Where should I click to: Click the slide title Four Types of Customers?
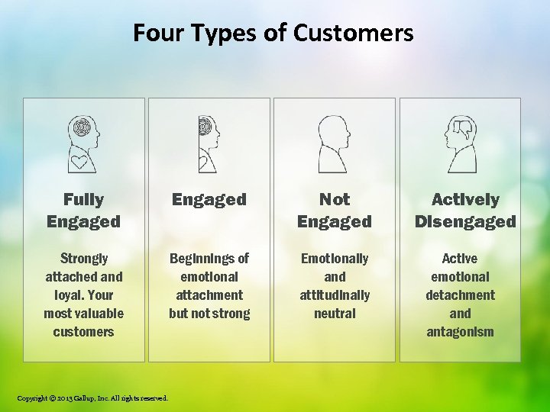tap(273, 33)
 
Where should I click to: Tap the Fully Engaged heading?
tap(83, 211)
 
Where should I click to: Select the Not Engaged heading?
tap(334, 211)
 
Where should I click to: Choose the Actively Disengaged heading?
tap(465, 211)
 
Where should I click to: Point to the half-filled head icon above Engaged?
tap(208, 144)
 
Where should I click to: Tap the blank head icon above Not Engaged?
tap(334, 144)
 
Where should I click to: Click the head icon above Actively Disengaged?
tap(461, 144)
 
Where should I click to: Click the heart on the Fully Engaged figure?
tap(79, 161)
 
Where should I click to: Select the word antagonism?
tap(460, 332)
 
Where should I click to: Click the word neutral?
tap(335, 314)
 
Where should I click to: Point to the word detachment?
tap(460, 295)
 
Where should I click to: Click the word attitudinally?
tap(335, 295)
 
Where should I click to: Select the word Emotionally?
tap(335, 259)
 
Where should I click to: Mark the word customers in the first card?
tap(83, 332)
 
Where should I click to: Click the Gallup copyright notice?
tap(92, 398)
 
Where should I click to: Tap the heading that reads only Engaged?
tap(209, 200)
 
